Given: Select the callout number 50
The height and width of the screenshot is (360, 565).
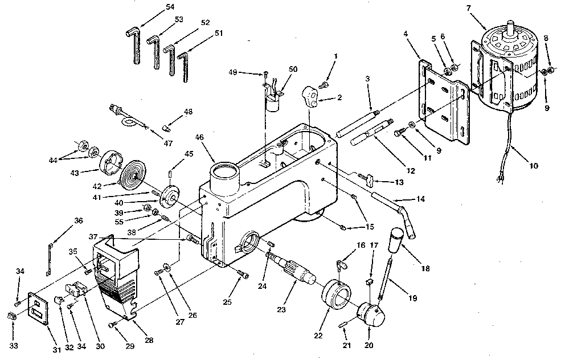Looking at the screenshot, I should click(x=293, y=69).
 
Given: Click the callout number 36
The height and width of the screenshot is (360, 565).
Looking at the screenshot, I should click(x=78, y=220).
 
